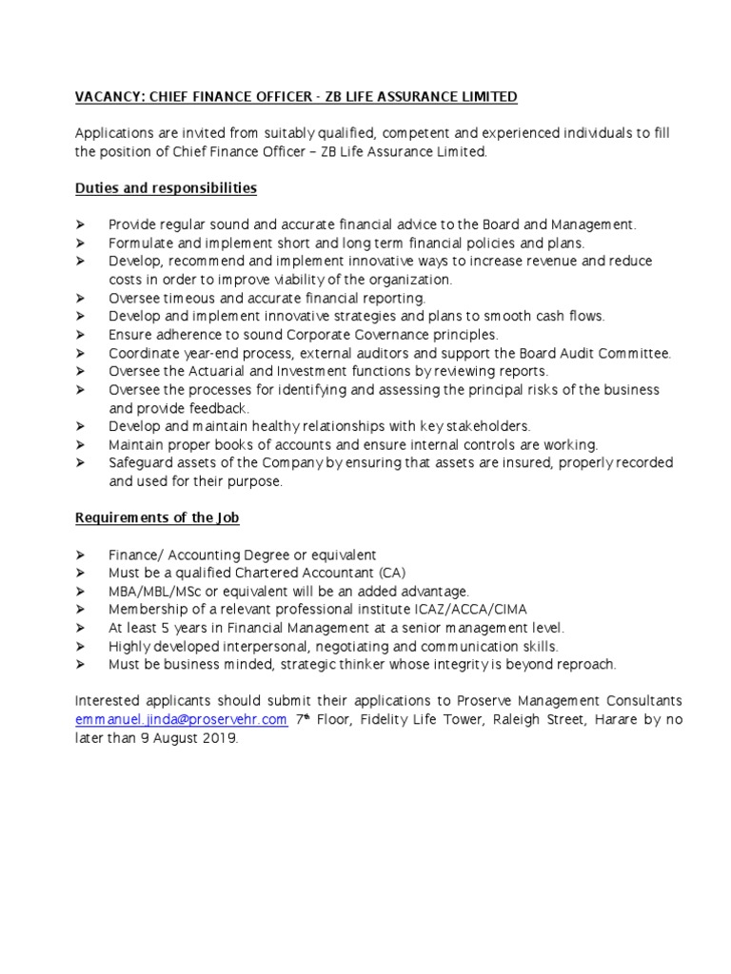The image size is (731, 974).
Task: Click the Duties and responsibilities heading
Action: coord(166,188)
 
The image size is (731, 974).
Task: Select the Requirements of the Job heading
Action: coord(157,517)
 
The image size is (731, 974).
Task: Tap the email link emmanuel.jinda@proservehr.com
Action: coord(181,720)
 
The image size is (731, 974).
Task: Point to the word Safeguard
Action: coord(139,462)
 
